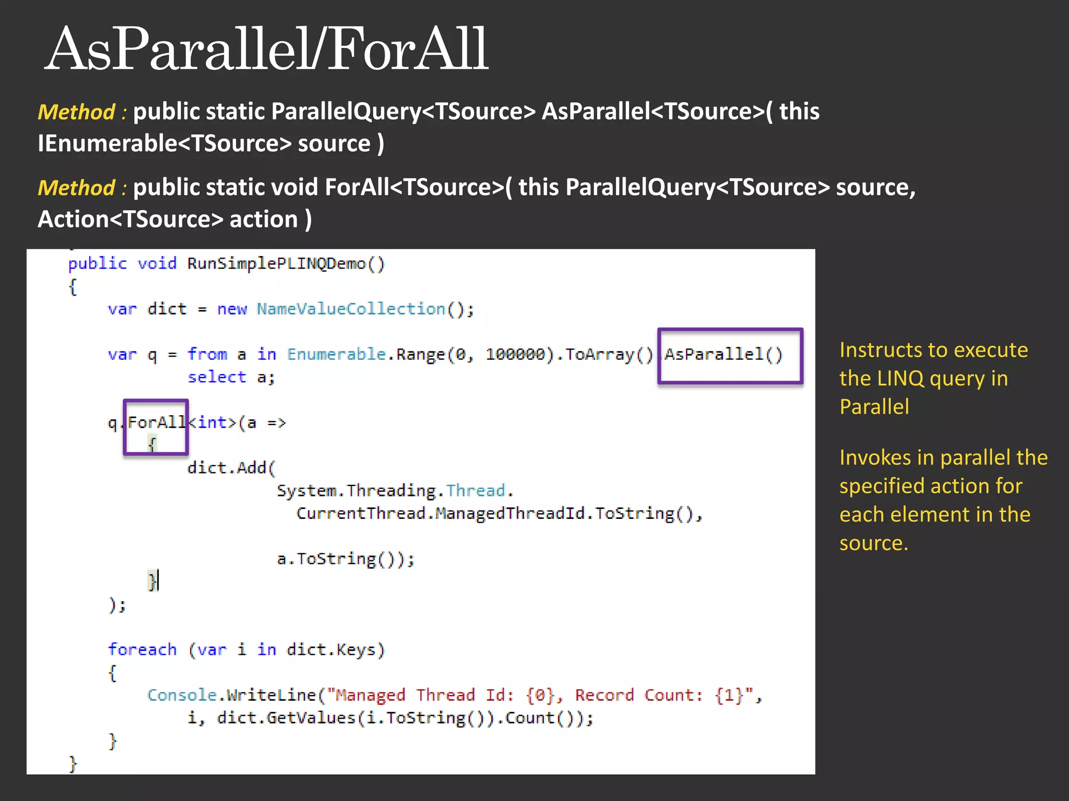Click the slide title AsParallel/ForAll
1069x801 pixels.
click(x=266, y=50)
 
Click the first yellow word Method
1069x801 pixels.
click(x=76, y=112)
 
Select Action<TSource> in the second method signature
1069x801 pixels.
click(x=130, y=219)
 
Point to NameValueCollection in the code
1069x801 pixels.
click(x=351, y=309)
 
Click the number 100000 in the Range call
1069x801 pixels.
click(x=515, y=355)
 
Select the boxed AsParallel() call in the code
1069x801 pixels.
click(x=723, y=355)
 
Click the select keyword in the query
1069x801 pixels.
click(x=217, y=377)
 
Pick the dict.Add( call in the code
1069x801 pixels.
click(x=231, y=468)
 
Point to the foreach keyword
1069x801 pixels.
click(x=142, y=650)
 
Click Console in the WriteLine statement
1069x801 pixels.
click(x=182, y=695)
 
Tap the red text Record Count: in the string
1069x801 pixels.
click(x=639, y=695)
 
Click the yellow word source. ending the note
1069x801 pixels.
click(x=874, y=543)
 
